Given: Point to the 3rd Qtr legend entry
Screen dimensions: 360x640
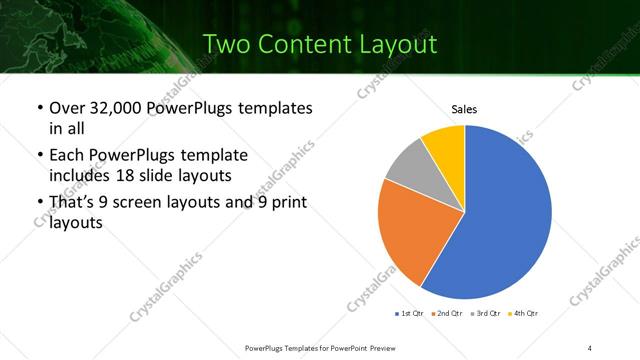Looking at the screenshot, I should pos(483,314).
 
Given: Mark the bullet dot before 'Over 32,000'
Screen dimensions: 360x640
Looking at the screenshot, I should pos(38,107).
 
